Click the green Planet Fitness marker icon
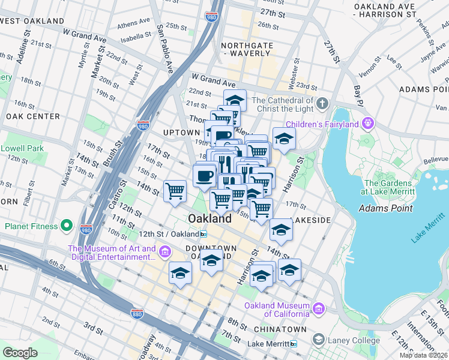[67, 227]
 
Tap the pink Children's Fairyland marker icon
[367, 124]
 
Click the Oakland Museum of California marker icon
[318, 309]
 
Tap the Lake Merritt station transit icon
[293, 344]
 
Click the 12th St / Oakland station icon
[204, 234]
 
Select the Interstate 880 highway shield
[137, 313]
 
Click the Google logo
[20, 353]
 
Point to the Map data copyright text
[424, 355]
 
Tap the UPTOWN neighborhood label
[181, 132]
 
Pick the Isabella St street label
[133, 35]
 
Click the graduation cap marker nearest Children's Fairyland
[284, 139]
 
